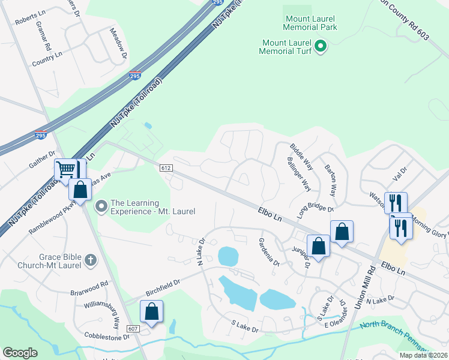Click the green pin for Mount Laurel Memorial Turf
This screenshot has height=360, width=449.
click(320, 46)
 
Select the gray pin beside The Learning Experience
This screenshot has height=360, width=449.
click(101, 206)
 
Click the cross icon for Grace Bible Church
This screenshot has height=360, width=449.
click(90, 260)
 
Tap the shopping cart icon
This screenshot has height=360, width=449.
click(65, 169)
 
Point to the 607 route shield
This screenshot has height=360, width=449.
click(133, 328)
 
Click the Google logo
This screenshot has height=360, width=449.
click(20, 353)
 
